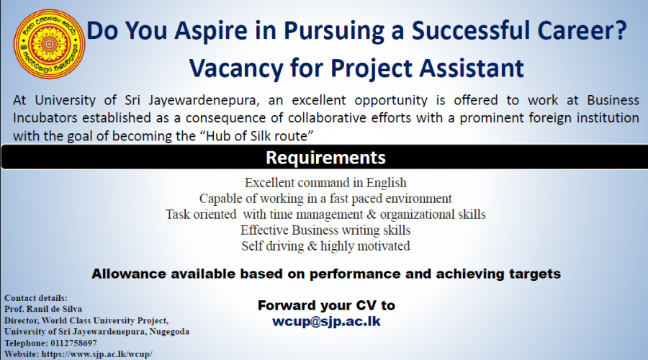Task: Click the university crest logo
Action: [49, 44]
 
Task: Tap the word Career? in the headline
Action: [582, 30]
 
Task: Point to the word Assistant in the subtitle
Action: [472, 68]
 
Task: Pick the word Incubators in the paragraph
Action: [45, 118]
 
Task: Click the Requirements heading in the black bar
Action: [325, 158]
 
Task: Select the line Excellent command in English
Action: [325, 183]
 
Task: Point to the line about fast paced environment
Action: [325, 199]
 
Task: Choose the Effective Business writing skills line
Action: [325, 230]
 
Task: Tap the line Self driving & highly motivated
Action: [325, 246]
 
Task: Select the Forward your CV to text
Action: [326, 305]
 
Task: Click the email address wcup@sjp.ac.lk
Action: [326, 322]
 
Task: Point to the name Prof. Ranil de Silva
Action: [43, 309]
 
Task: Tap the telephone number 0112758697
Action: [74, 343]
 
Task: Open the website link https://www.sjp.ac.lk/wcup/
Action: [97, 354]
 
